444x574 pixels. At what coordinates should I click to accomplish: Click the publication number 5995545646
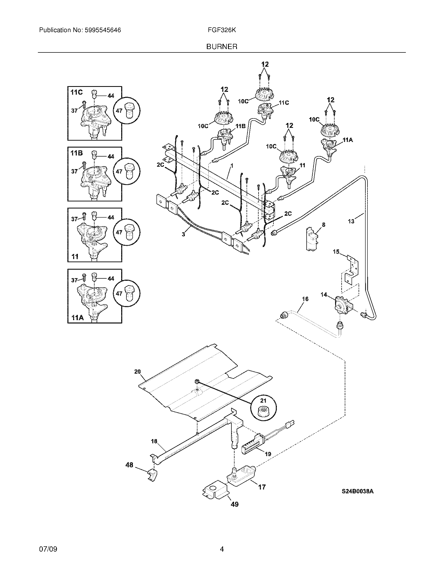pos(103,30)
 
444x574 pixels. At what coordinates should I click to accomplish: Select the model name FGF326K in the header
pos(222,30)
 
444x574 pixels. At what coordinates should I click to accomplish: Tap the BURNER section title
pos(222,47)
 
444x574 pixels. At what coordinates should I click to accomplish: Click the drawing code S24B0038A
pos(358,491)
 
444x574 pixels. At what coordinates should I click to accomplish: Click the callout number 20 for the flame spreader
pos(137,372)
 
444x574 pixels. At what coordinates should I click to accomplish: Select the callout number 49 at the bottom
pos(234,504)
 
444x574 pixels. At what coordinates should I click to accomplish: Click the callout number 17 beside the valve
pos(262,487)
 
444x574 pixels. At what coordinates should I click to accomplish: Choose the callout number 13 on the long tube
pos(351,221)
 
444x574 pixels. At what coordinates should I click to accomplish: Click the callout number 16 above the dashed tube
pos(305,299)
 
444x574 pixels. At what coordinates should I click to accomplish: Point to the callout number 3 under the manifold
pos(183,234)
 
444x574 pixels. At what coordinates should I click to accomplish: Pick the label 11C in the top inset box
pos(77,93)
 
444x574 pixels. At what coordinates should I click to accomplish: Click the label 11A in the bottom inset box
pos(78,318)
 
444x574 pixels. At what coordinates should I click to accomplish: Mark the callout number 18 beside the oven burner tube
pos(154,441)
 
